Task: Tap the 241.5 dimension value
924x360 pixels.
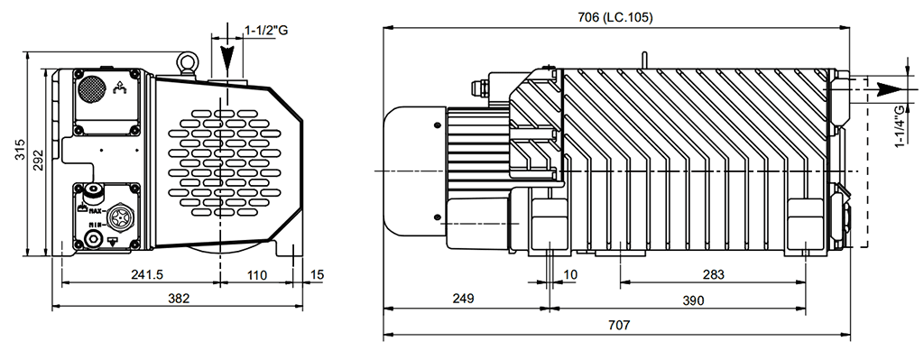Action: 147,274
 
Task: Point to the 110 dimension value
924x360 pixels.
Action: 256,274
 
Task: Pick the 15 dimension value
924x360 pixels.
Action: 317,274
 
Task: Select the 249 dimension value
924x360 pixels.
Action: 463,298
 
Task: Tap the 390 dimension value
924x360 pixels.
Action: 693,300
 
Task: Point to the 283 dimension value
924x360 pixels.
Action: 713,274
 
